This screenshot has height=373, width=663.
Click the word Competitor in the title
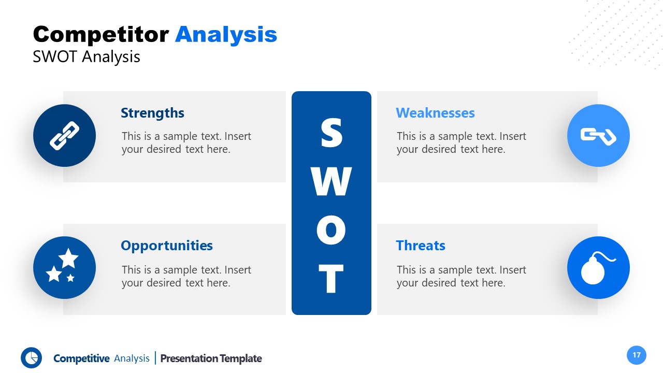(101, 35)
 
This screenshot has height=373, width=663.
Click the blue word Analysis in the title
(226, 35)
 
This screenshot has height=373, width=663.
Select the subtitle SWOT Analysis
(87, 56)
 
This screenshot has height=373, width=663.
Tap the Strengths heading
(152, 113)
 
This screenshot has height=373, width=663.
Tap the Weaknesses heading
(435, 113)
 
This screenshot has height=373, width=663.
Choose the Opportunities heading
(166, 246)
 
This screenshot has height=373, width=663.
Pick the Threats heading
(420, 246)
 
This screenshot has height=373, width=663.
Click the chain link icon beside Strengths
(64, 136)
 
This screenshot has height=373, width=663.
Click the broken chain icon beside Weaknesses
(598, 136)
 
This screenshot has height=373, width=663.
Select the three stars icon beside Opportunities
(64, 268)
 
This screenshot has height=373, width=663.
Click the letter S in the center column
(331, 133)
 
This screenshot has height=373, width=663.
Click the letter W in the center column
(331, 181)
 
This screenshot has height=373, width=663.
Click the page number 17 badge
(637, 355)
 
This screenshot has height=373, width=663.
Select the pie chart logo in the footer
(31, 358)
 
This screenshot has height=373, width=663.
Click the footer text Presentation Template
(211, 358)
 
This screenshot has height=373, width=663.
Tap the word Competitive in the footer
(81, 358)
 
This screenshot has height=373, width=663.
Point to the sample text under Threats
(461, 276)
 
